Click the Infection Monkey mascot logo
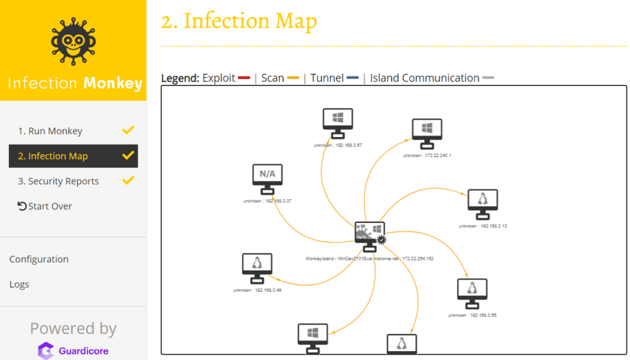point(73,42)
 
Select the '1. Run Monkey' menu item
point(50,131)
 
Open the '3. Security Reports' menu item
point(59,181)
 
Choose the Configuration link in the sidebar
point(39,259)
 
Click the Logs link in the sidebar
point(19,284)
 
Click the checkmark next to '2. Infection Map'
point(127,155)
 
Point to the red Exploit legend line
point(244,78)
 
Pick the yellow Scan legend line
point(293,78)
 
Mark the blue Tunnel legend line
point(352,78)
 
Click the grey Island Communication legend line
point(488,78)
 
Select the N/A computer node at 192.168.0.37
point(267,178)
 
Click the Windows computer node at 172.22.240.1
point(427,132)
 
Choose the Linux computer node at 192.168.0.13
point(483,203)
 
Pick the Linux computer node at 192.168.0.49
point(257,267)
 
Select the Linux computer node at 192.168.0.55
point(472,292)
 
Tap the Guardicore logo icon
point(45,351)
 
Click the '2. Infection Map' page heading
point(239,21)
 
